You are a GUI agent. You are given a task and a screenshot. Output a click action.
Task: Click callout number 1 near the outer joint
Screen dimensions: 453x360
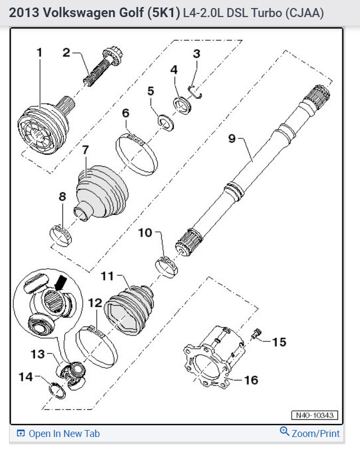pyautogui.click(x=40, y=53)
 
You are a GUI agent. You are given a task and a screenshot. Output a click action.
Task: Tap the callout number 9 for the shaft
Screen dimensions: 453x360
pyautogui.click(x=232, y=139)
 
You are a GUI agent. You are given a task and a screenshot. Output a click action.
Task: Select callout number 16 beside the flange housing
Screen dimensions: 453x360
pyautogui.click(x=251, y=380)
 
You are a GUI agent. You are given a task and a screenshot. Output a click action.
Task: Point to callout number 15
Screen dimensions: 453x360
pyautogui.click(x=279, y=341)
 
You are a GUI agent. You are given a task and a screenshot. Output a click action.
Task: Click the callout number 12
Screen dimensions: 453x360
pyautogui.click(x=95, y=303)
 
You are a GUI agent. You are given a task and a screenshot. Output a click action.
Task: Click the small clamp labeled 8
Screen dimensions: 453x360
pyautogui.click(x=60, y=234)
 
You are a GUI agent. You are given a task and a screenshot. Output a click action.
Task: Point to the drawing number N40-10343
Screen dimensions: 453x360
pyautogui.click(x=315, y=415)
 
